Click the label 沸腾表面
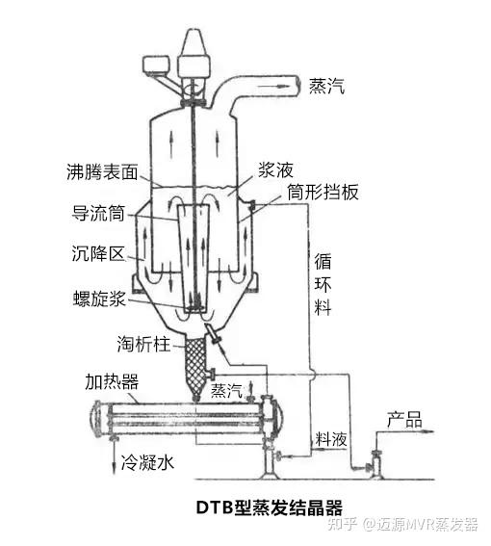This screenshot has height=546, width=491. [x=102, y=171]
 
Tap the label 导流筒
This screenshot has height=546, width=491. [x=98, y=213]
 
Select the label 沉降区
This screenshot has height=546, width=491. [x=98, y=253]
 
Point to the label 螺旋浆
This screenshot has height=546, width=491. [x=99, y=299]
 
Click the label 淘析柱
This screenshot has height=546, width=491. [x=143, y=344]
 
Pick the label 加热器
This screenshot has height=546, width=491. [x=112, y=381]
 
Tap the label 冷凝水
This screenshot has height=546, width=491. [x=147, y=463]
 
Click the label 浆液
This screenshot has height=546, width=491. [x=275, y=169]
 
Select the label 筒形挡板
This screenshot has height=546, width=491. [x=323, y=192]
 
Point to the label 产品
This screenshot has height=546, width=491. [x=404, y=419]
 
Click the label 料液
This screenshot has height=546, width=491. [x=331, y=439]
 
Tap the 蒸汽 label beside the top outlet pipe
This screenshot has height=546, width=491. [x=326, y=86]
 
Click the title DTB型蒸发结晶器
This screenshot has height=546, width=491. [x=270, y=507]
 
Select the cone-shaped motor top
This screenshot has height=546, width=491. [x=194, y=41]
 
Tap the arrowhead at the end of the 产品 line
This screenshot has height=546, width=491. [x=430, y=431]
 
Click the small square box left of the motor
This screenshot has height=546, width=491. [x=156, y=65]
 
